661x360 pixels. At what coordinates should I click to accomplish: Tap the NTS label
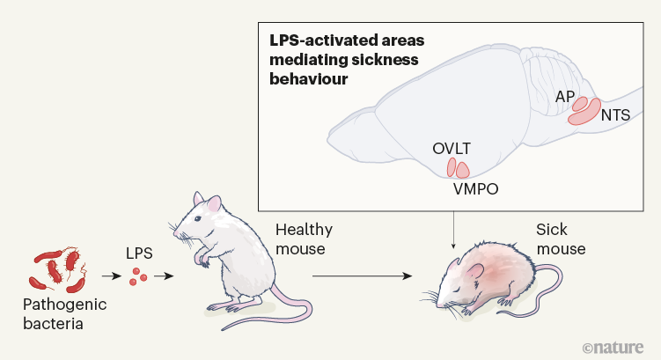pos(616,114)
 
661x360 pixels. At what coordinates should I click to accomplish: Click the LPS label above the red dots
pos(138,253)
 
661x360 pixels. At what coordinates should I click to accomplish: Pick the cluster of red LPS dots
pos(137,277)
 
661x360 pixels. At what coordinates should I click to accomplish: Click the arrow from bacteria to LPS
pos(110,276)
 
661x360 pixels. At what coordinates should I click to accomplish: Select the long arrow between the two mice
pos(362,276)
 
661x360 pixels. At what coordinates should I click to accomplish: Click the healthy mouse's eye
pos(210,218)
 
